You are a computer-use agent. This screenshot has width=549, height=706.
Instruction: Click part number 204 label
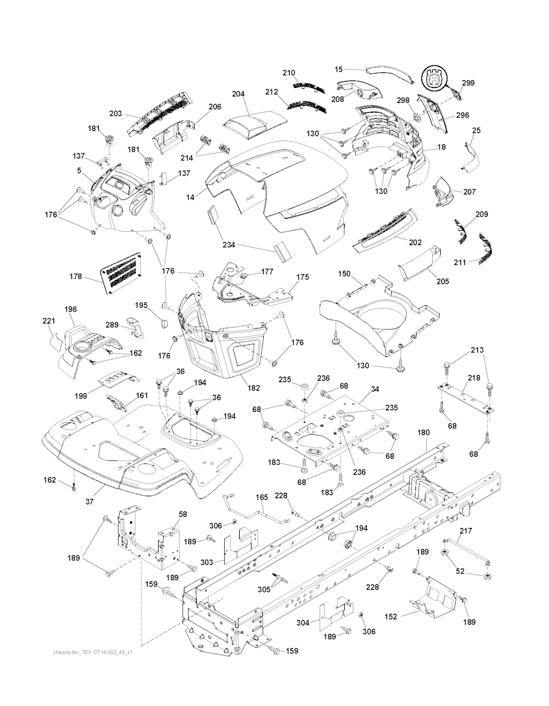click(x=238, y=94)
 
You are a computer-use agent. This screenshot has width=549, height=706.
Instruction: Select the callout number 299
click(x=468, y=83)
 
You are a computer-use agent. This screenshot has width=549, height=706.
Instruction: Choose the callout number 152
click(x=391, y=616)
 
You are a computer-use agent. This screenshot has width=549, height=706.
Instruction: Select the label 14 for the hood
click(x=190, y=197)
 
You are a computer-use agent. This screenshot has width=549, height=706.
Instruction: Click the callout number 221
click(x=49, y=321)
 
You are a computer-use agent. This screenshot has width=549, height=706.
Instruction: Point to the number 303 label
click(x=207, y=562)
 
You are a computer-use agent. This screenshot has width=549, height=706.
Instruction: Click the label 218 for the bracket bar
click(x=473, y=378)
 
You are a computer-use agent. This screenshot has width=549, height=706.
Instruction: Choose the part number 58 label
click(x=182, y=514)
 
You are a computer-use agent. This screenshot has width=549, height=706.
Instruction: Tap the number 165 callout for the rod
click(x=262, y=497)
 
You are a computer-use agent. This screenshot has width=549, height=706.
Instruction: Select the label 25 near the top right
click(x=476, y=130)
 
